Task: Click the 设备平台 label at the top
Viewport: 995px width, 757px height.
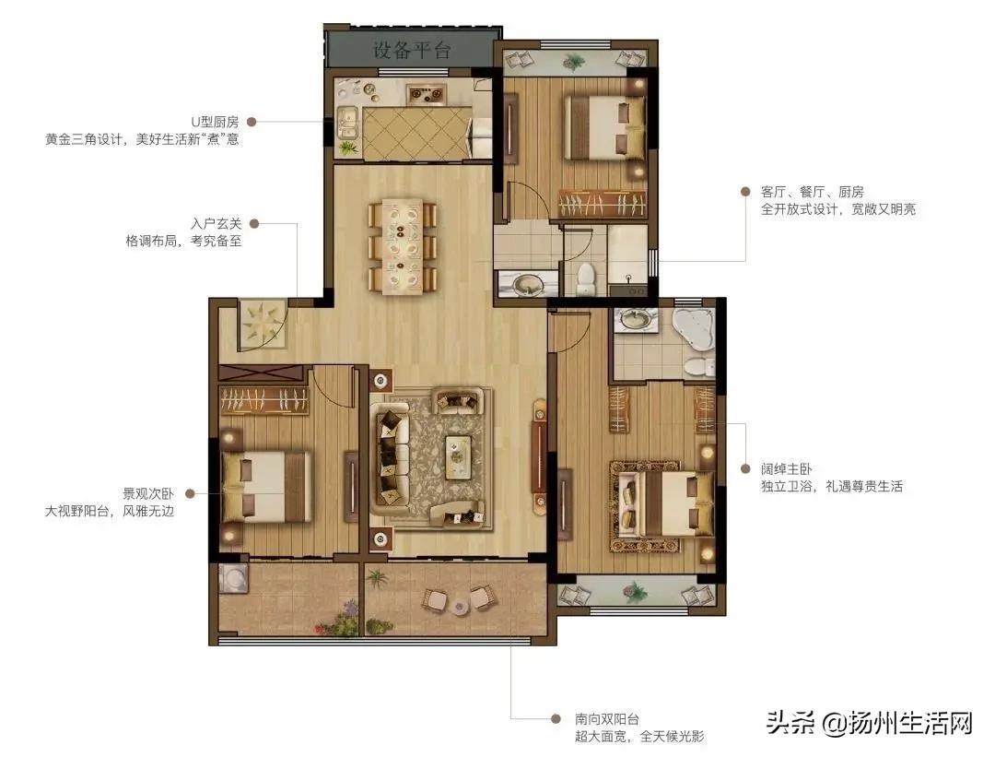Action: tap(412, 50)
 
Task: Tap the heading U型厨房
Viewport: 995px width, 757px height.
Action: tap(214, 122)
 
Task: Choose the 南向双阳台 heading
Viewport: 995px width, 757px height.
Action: tap(607, 718)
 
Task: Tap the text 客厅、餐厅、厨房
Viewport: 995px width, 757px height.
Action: tap(812, 192)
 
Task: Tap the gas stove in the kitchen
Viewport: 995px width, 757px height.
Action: tap(426, 92)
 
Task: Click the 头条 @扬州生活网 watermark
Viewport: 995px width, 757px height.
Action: tap(869, 722)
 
